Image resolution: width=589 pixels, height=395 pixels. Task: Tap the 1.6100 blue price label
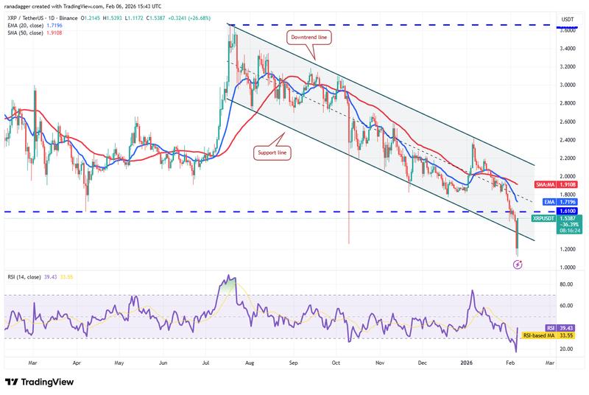click(x=567, y=212)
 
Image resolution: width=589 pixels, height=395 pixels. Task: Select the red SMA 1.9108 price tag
click(x=567, y=185)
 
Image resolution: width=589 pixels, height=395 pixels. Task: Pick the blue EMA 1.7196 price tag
click(x=567, y=201)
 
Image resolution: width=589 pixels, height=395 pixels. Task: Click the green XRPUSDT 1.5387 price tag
click(x=567, y=219)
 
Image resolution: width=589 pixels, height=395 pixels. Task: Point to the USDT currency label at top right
click(x=568, y=19)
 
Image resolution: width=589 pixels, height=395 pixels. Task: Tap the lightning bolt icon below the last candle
click(x=517, y=264)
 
